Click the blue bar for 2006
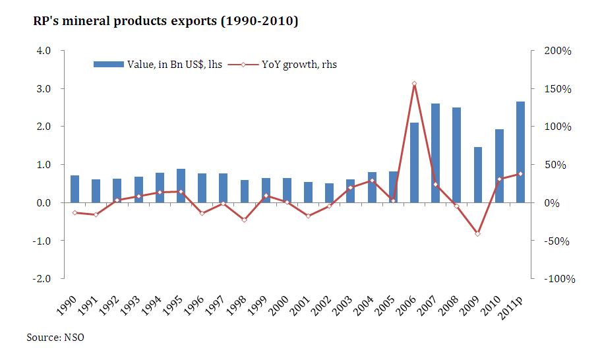point(414,162)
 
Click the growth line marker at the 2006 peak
point(414,84)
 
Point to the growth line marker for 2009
point(478,234)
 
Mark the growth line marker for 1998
point(244,220)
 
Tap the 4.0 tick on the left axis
point(44,51)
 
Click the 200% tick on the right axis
point(557,51)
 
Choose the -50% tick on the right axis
point(557,241)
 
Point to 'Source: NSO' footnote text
point(55,338)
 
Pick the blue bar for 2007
point(435,153)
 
